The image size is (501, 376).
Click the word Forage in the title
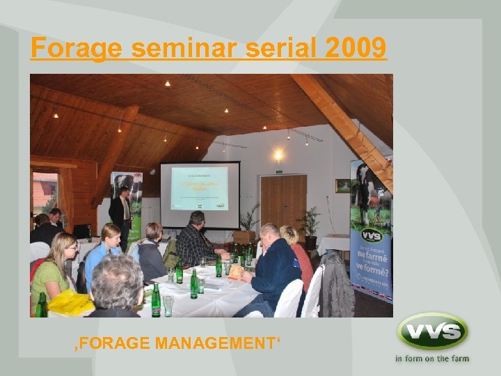(77, 48)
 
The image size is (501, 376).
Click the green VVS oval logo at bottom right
(432, 331)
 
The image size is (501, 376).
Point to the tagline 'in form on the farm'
(432, 359)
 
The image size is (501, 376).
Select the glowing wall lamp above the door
(278, 155)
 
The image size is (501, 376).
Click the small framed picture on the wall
(342, 185)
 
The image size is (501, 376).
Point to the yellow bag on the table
(70, 302)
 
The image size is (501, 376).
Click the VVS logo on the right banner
(372, 235)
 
